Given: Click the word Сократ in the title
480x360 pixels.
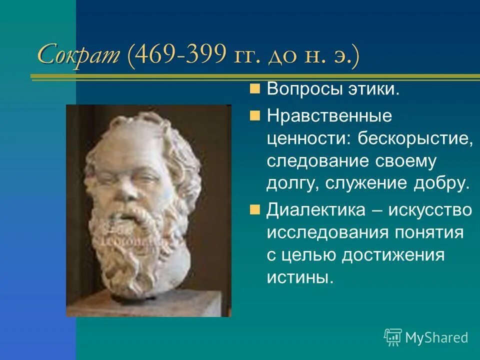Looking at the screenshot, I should coord(78,54).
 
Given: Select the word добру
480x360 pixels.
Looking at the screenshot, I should coord(446,183).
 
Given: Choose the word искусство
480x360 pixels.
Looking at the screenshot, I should coord(433,210).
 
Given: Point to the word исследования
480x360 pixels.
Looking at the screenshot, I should coord(320,232).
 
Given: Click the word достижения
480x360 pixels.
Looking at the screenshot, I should coord(393,254).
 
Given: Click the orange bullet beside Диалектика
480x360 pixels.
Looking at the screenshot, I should coord(255,209).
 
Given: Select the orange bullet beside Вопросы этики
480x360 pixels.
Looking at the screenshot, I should coord(255,89).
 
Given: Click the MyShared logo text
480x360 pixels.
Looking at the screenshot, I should coord(436,337).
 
